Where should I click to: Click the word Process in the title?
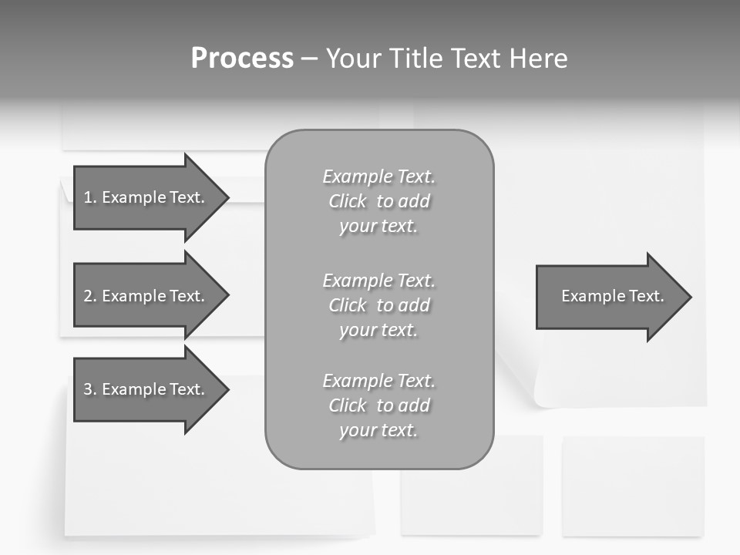tap(242, 59)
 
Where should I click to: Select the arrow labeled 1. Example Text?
tap(146, 197)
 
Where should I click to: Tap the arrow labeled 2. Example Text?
tap(146, 296)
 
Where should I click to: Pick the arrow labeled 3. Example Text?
tap(146, 389)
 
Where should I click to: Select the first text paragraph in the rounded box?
tap(378, 201)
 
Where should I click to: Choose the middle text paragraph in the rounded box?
tap(378, 305)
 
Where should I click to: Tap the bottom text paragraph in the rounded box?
tap(378, 405)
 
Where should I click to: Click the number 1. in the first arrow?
tap(90, 197)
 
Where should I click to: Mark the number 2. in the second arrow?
tap(90, 296)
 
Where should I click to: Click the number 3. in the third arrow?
tap(90, 389)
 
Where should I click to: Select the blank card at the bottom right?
tap(633, 486)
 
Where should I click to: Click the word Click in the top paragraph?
tap(348, 202)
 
